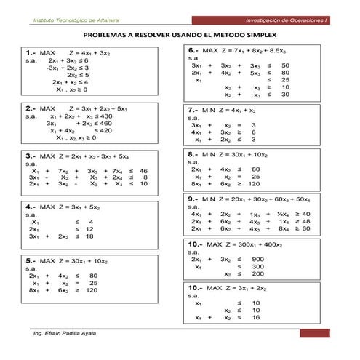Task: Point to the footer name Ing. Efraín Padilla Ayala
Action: pyautogui.click(x=65, y=333)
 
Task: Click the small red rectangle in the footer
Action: pyautogui.click(x=314, y=333)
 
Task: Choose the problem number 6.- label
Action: pyautogui.click(x=193, y=50)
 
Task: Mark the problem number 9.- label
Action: pyautogui.click(x=193, y=197)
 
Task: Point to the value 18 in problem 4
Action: pyautogui.click(x=89, y=236)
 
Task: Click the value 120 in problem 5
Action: pyautogui.click(x=91, y=290)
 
